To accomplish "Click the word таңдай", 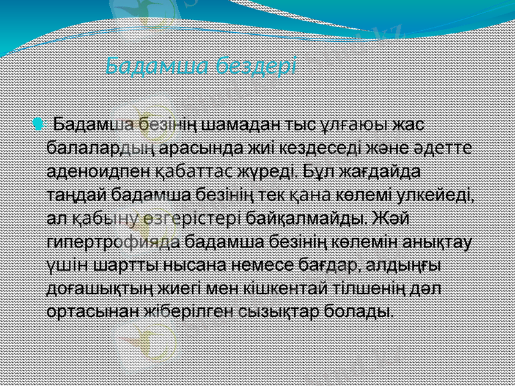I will [x=77, y=195].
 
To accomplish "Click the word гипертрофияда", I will [x=113, y=243].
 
